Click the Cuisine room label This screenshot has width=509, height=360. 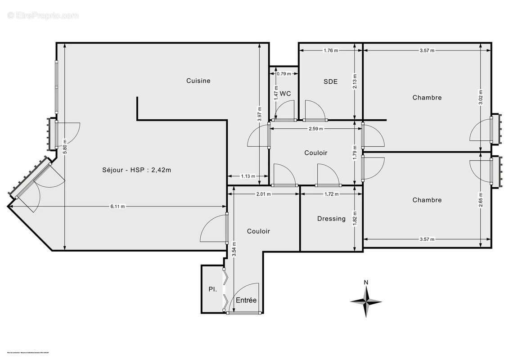[198, 81]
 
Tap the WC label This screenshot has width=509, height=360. [285, 94]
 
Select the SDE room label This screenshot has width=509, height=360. [330, 82]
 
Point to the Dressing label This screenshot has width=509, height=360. [331, 219]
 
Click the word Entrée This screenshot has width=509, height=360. [246, 300]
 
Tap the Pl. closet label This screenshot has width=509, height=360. [212, 290]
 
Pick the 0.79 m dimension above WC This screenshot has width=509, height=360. [284, 73]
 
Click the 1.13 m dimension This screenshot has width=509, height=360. [248, 176]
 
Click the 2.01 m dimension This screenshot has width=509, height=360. [263, 194]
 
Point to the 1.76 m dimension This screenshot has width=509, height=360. [331, 51]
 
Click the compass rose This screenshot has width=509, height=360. [366, 301]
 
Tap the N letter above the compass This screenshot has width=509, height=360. [366, 283]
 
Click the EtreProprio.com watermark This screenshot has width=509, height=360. [43, 15]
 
